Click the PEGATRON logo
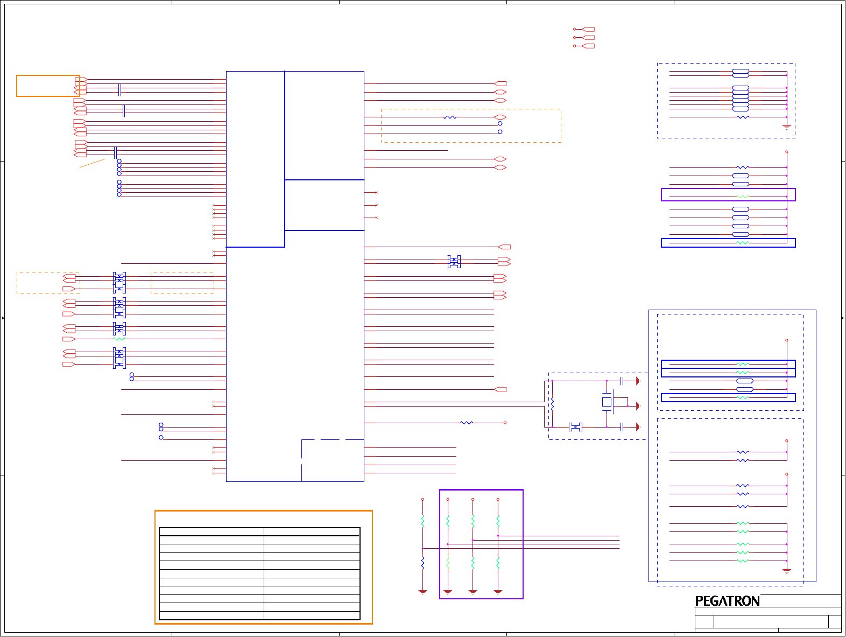click(x=727, y=601)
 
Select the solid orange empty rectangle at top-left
click(x=48, y=86)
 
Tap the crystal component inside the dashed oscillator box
click(x=607, y=402)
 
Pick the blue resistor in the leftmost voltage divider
click(x=422, y=563)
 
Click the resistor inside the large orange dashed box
click(x=450, y=117)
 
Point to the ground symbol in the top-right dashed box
click(x=786, y=128)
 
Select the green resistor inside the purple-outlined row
click(x=742, y=197)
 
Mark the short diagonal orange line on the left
click(x=92, y=163)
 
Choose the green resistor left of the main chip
click(x=119, y=339)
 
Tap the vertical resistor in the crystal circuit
click(x=552, y=404)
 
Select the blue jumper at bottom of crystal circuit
click(x=575, y=428)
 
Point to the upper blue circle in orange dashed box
click(x=500, y=124)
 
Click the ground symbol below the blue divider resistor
click(x=422, y=592)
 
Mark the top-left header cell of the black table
click(x=211, y=532)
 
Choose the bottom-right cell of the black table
click(x=312, y=615)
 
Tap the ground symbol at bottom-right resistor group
click(x=786, y=571)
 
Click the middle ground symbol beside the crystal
click(x=637, y=406)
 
